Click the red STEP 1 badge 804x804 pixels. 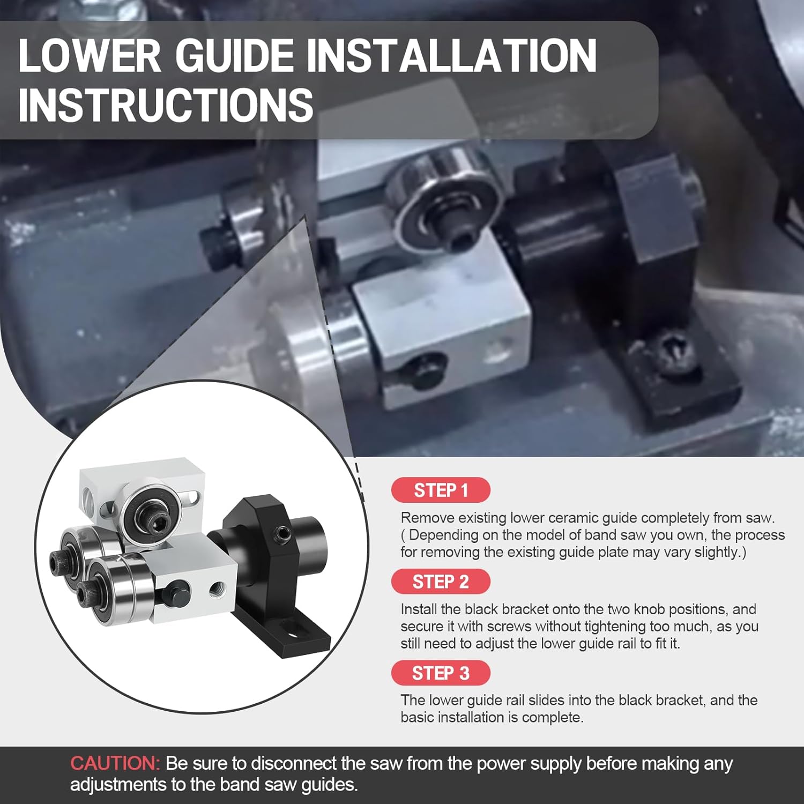tap(441, 490)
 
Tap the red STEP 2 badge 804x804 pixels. tap(441, 582)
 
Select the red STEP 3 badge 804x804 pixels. tap(441, 673)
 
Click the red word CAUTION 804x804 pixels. tap(115, 763)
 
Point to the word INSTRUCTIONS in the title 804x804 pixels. tap(166, 105)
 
